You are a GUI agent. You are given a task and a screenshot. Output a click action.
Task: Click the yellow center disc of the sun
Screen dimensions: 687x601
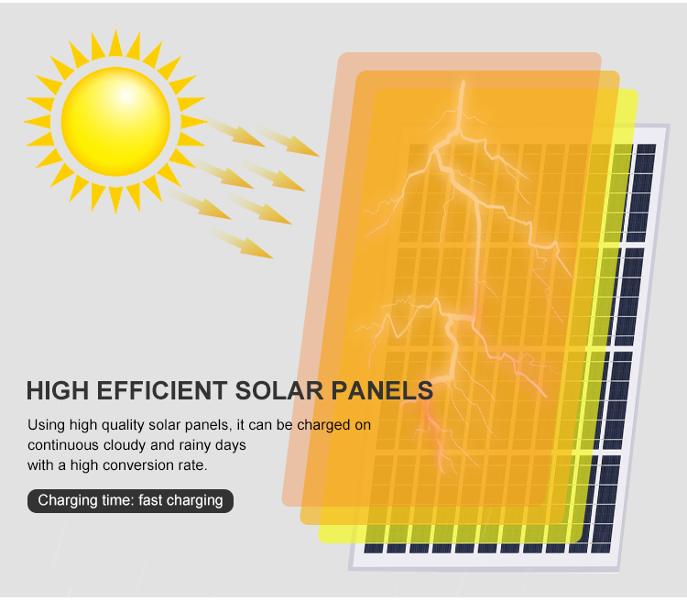(x=115, y=122)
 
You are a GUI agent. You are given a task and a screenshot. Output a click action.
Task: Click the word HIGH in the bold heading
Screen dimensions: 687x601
(x=58, y=390)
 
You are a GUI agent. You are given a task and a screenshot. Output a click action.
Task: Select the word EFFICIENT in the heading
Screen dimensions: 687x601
(x=161, y=390)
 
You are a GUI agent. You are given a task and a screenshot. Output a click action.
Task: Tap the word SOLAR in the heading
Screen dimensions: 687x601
(x=279, y=390)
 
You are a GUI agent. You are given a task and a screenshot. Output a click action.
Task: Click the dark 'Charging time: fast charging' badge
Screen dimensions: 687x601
(x=130, y=500)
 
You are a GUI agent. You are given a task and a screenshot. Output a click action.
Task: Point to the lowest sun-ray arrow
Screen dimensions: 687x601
(x=241, y=243)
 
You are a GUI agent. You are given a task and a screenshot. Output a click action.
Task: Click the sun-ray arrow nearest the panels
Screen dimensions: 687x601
(x=287, y=141)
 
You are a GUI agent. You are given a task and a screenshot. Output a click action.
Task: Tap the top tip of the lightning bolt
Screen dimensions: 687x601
(x=463, y=81)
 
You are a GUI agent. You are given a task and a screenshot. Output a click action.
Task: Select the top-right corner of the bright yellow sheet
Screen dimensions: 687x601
(x=636, y=92)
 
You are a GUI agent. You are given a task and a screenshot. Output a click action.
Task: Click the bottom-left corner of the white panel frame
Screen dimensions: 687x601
(x=349, y=569)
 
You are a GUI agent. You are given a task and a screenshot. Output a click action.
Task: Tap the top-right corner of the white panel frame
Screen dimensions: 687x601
(x=669, y=126)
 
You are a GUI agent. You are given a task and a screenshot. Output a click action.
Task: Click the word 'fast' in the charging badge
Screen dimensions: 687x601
(x=150, y=500)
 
